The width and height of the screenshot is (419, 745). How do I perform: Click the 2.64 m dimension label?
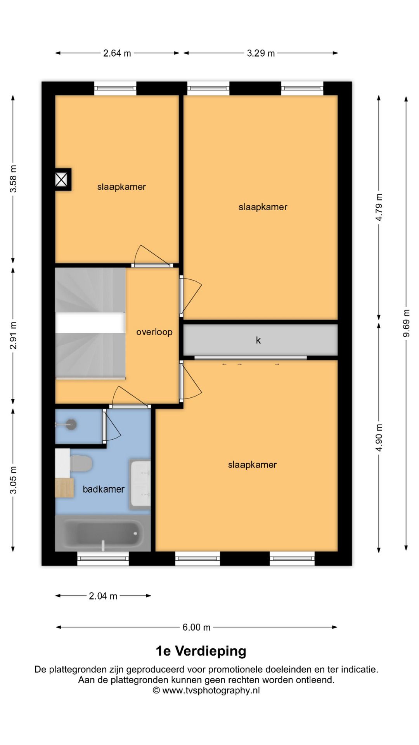pos(117,53)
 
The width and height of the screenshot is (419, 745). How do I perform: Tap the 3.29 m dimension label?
pos(261,53)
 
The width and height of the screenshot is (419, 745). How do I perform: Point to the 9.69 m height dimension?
pos(406,323)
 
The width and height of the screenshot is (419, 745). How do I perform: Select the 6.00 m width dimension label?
pos(196,627)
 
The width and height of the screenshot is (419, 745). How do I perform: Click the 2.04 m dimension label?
pos(103,596)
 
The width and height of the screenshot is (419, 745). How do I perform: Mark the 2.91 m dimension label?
pos(13,335)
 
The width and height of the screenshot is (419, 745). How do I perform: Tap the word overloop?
pos(154,332)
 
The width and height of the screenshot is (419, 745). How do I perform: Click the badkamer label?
pos(104,489)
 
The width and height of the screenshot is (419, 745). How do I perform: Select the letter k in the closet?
pos(258,340)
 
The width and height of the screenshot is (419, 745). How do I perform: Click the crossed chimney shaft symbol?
pos(62,180)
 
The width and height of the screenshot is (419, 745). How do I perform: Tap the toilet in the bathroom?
pos(80,464)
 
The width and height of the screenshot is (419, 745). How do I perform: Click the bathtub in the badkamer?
pos(103,533)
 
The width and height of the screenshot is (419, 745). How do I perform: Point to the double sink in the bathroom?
pos(140,483)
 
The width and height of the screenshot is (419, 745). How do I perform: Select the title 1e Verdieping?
pos(201,651)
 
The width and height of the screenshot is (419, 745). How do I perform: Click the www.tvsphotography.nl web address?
pos(211,690)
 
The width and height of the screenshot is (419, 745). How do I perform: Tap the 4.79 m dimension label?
pos(379,207)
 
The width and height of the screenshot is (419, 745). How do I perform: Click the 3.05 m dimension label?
pos(13,480)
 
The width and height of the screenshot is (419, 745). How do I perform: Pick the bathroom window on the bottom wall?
pos(103,559)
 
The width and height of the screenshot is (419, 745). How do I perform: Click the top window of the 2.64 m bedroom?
pos(115,88)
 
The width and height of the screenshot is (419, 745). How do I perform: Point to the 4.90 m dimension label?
pos(379,438)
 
